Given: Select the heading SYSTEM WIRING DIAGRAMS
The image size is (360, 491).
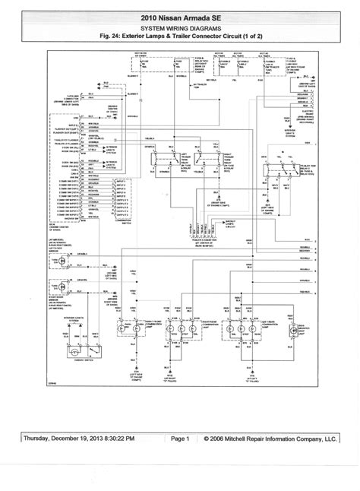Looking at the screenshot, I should point(180,25).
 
